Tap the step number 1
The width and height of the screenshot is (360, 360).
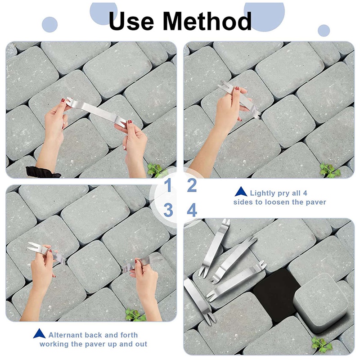pos(168,185)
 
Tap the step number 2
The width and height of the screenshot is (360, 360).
pos(192,185)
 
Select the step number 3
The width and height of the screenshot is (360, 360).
pos(168,210)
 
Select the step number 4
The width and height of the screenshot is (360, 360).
pos(192,210)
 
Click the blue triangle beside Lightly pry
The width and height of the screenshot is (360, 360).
pos(240,192)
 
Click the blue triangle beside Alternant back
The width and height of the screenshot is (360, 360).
pos(40,334)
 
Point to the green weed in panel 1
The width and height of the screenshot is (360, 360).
pos(155,170)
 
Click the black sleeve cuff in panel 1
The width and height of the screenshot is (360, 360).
pos(42,172)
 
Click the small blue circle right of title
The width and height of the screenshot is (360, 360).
pos(324,31)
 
